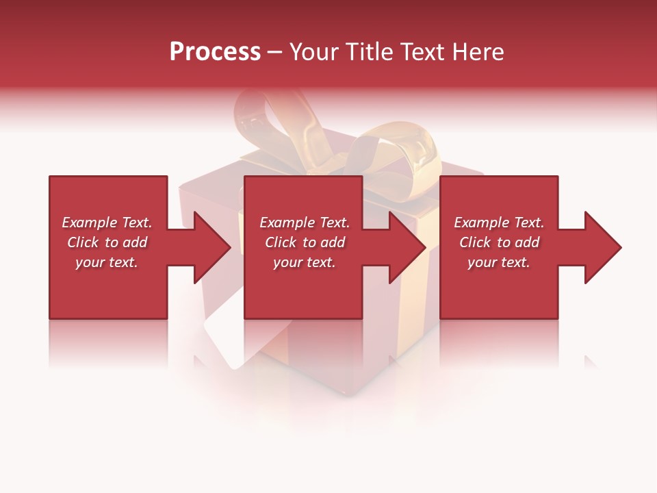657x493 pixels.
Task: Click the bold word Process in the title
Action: (215, 52)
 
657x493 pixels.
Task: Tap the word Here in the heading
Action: (476, 52)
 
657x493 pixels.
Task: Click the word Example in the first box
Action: (89, 223)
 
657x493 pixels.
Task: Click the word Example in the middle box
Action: (287, 223)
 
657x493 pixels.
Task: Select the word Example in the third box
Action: (481, 223)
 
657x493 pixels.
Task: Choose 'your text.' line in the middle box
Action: (304, 262)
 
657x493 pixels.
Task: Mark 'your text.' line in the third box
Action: (498, 262)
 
